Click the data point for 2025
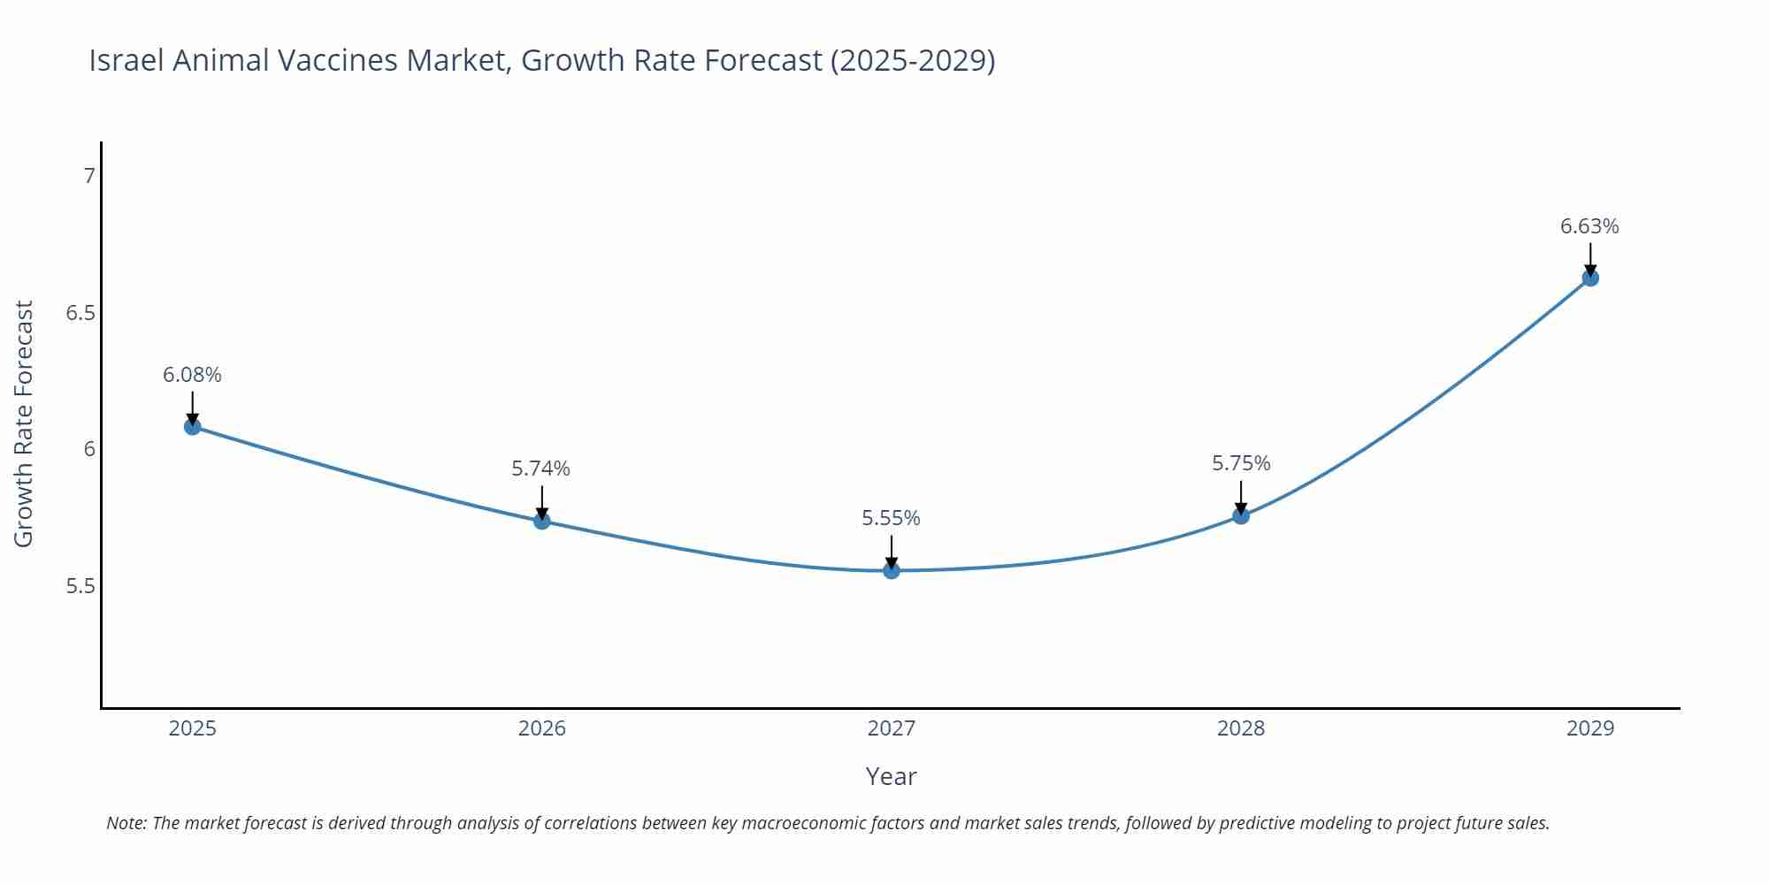192,427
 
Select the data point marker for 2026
542,521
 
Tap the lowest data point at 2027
892,571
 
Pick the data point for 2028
1241,515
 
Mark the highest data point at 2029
1590,278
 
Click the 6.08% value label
192,375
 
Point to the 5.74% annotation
541,469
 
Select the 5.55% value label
891,518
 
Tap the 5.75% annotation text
1241,463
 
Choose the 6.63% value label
1589,226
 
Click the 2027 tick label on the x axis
892,728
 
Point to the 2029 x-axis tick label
1590,728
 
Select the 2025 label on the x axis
192,728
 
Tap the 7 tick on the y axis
88,176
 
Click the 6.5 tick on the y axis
80,313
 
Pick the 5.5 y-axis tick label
80,586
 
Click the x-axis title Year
892,776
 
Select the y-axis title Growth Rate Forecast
24,423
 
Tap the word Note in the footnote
126,823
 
